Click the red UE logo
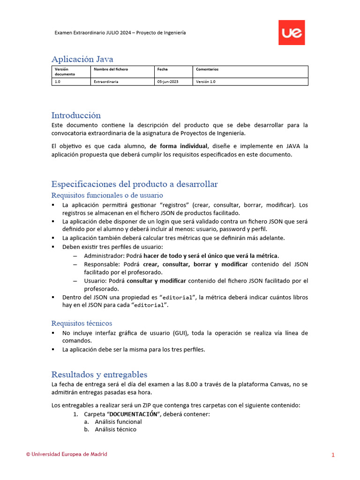click(x=292, y=32)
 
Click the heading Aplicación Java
click(x=82, y=59)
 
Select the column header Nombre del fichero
click(x=111, y=69)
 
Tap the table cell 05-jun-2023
click(x=167, y=82)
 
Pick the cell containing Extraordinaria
click(x=106, y=82)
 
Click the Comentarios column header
click(x=207, y=69)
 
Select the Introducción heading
click(x=76, y=115)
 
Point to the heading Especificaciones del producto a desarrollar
click(x=135, y=184)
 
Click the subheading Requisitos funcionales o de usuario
click(x=107, y=195)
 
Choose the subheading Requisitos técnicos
click(x=82, y=323)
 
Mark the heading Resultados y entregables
click(x=99, y=375)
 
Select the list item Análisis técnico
click(x=115, y=429)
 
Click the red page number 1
click(x=333, y=455)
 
